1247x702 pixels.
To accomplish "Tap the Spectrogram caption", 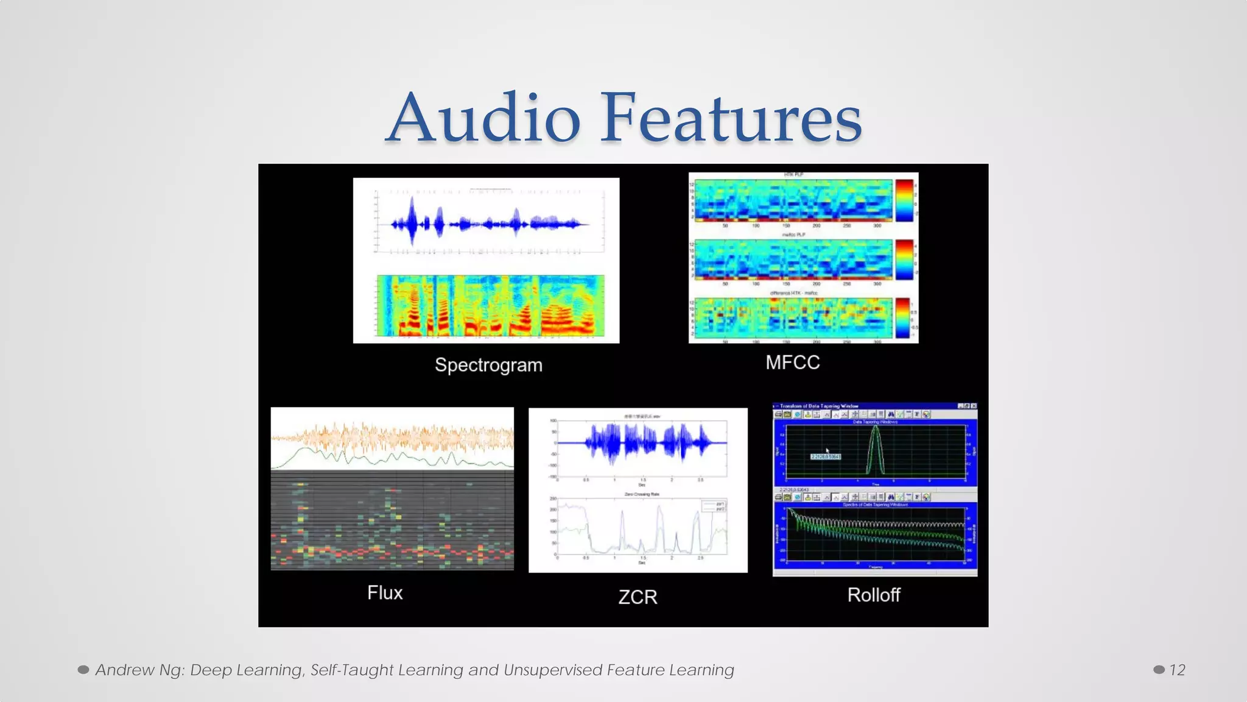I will click(x=488, y=365).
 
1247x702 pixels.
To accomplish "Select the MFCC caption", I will click(x=792, y=363).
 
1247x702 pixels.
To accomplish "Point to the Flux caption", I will click(x=385, y=593).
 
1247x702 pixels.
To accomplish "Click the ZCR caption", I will click(x=638, y=597).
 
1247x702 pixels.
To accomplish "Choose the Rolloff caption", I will click(x=873, y=595).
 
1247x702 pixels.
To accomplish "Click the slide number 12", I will click(x=1177, y=670).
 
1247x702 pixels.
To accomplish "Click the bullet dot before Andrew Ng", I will click(x=83, y=670).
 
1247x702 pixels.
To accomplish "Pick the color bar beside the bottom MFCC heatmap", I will click(x=902, y=317).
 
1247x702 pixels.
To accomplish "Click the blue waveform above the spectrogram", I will click(x=487, y=224).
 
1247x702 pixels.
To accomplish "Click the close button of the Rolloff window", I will click(x=974, y=406).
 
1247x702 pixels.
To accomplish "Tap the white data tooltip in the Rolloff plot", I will click(x=826, y=456).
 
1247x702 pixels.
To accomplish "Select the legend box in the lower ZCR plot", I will click(x=714, y=506).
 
